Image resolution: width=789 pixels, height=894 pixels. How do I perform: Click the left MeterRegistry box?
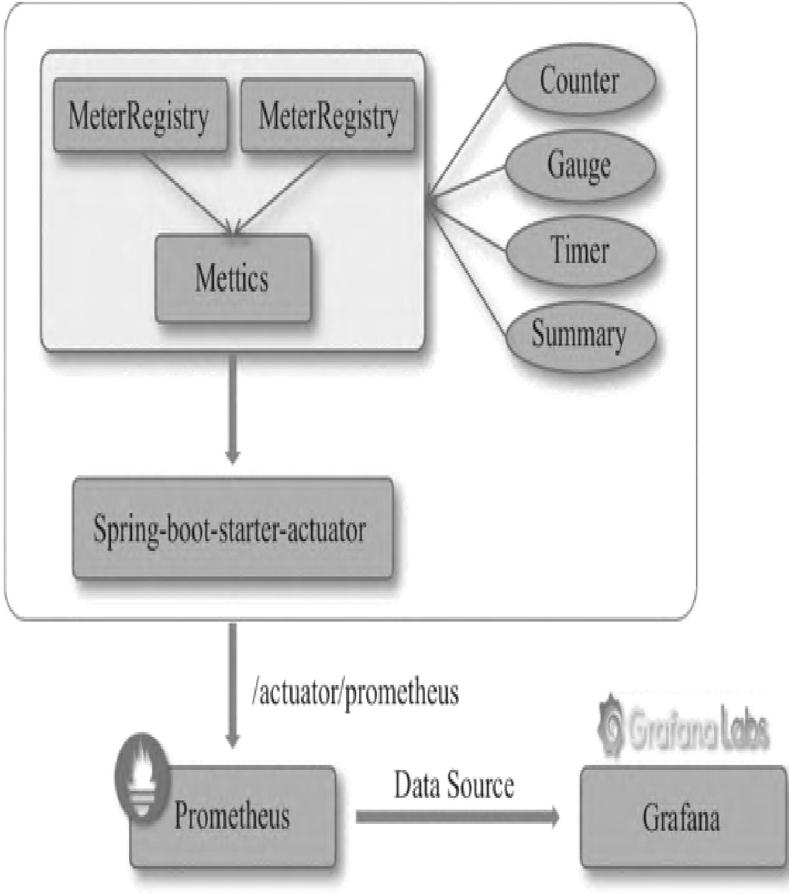tap(140, 115)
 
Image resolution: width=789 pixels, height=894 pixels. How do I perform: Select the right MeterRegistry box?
tap(328, 115)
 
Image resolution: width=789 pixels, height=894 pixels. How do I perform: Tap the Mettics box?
tap(233, 279)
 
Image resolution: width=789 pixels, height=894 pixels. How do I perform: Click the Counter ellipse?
tap(579, 81)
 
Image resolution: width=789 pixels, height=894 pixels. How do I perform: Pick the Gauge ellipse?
tap(579, 165)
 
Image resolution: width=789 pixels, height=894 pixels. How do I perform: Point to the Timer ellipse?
tap(579, 250)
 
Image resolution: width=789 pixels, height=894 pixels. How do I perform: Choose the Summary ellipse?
tap(579, 335)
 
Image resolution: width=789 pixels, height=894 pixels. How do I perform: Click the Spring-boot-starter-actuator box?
tap(233, 529)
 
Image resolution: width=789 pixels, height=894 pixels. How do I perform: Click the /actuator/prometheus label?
tap(355, 692)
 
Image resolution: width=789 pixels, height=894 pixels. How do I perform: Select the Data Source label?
tap(454, 785)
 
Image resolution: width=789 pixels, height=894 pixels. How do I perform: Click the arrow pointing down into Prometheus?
tap(233, 682)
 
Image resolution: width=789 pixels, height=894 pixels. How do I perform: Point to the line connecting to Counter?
tap(468, 140)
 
